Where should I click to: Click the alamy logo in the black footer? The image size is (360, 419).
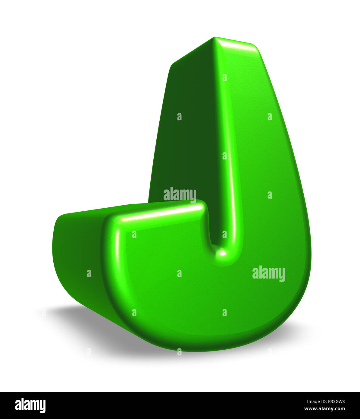coord(30,405)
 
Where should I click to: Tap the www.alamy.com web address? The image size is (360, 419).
coord(324,409)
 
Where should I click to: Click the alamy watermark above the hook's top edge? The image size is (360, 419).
coord(180,194)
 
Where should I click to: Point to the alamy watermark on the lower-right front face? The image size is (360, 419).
coord(268,273)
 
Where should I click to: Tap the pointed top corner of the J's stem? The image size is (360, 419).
coord(214,38)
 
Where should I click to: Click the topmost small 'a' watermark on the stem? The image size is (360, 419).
coord(224,77)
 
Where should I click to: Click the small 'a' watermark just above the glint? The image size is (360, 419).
coord(224,234)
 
